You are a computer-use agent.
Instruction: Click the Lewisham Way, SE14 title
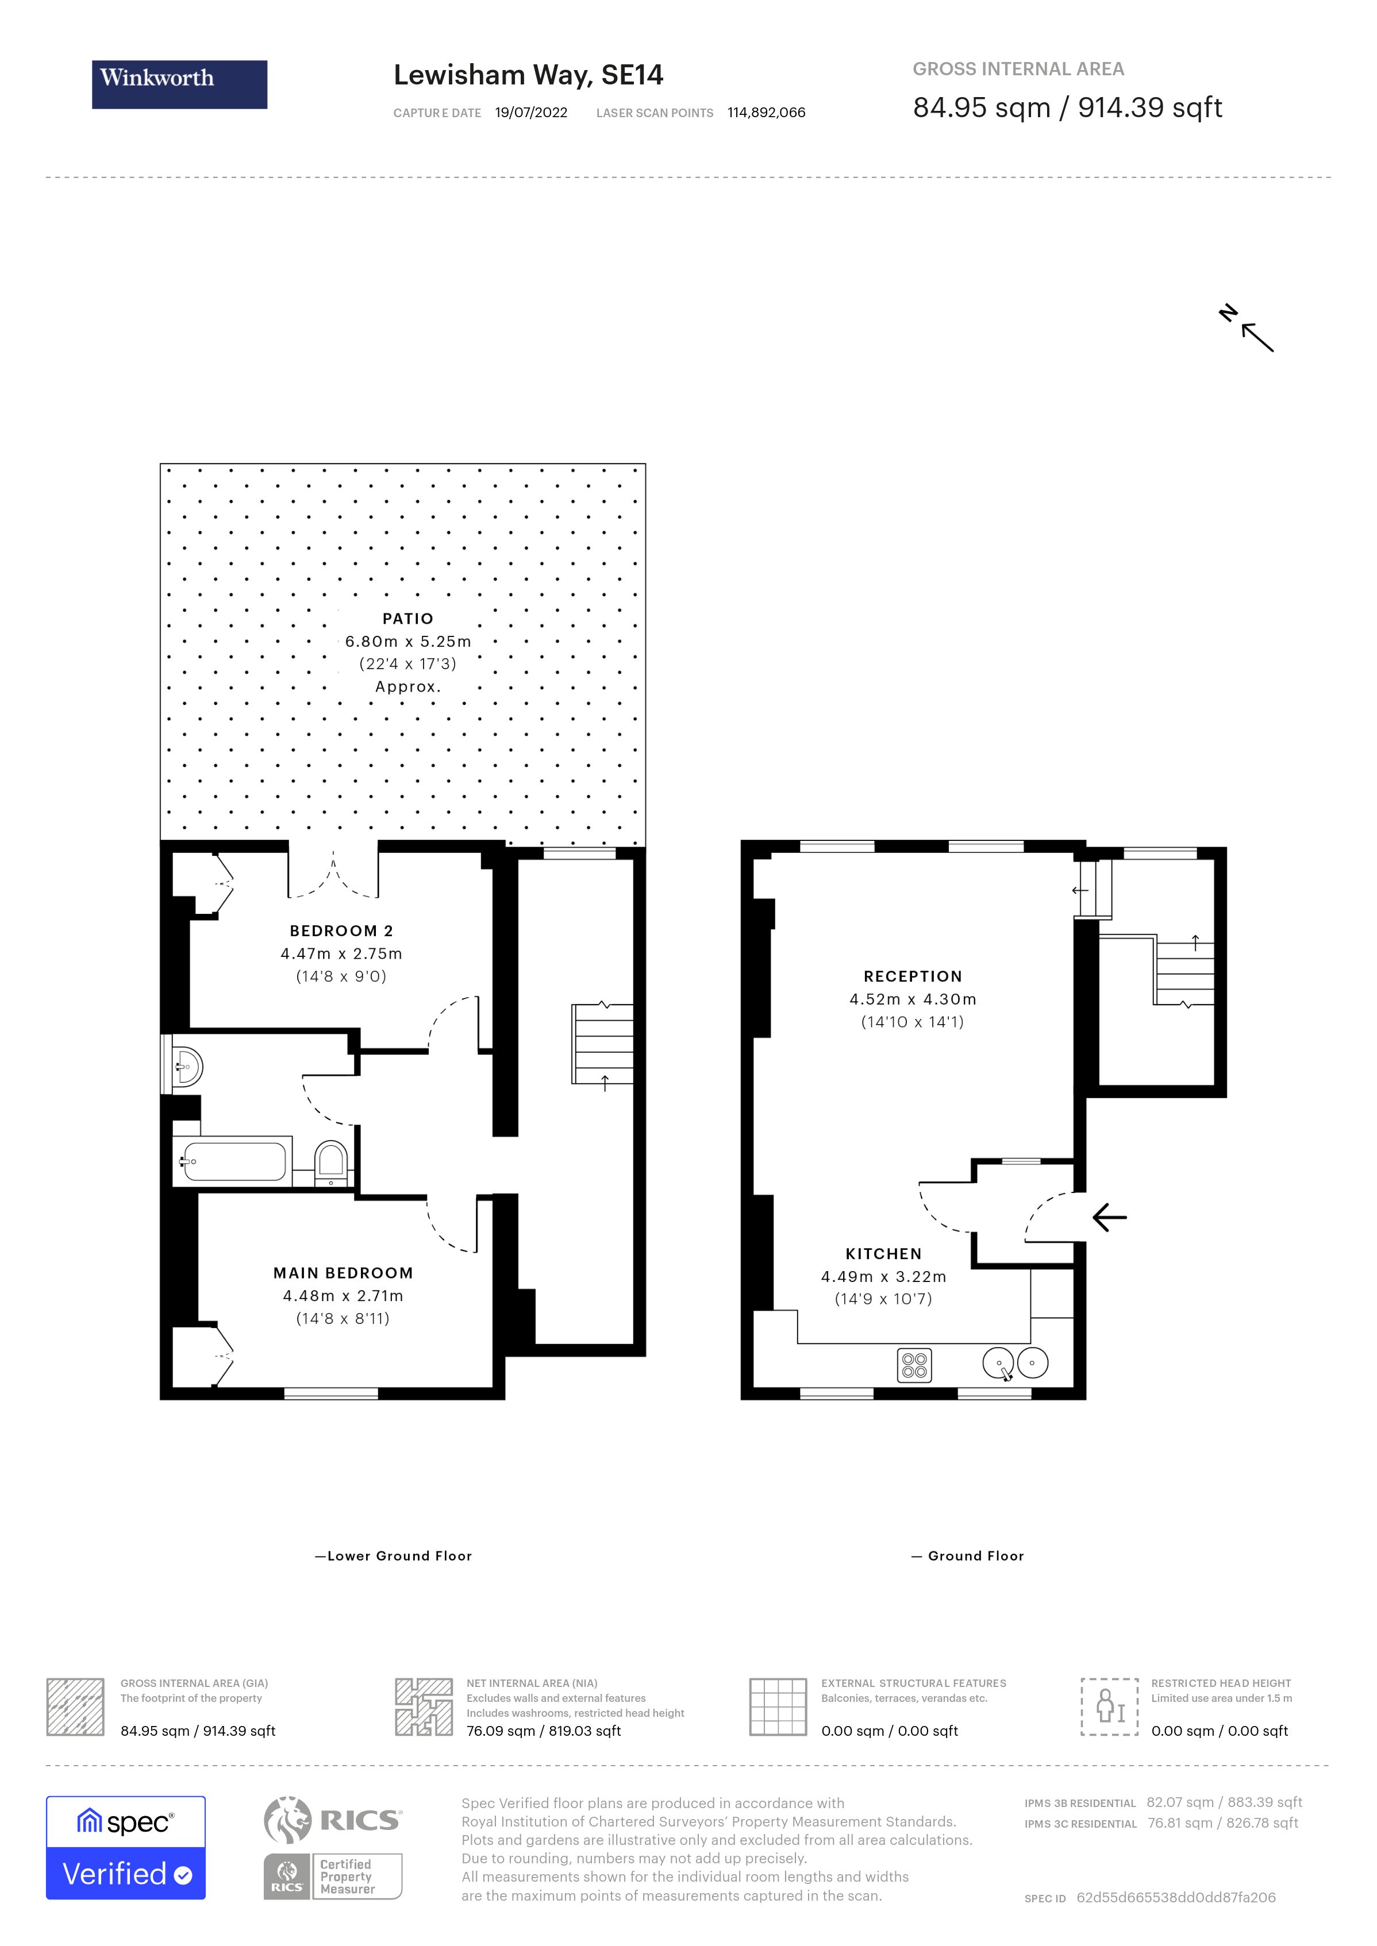[528, 75]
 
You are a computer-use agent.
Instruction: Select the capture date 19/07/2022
[531, 113]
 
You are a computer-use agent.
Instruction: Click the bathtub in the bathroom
[234, 1162]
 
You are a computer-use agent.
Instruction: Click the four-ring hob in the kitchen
[914, 1365]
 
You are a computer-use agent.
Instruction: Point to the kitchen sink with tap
[1001, 1364]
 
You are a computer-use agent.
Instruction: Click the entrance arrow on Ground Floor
[1109, 1218]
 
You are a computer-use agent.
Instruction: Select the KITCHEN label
[883, 1253]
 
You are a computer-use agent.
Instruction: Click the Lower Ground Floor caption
[394, 1556]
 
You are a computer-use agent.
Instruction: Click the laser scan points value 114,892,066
[766, 113]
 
